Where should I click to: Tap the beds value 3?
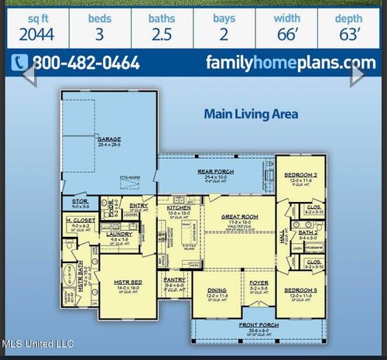[x=98, y=33]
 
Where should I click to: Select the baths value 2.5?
[x=162, y=33]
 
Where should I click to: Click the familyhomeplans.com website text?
[x=292, y=63]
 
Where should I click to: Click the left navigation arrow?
[x=29, y=75]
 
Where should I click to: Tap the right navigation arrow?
[x=358, y=75]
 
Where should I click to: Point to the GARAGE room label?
[x=108, y=140]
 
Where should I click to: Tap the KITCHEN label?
[x=179, y=207]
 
